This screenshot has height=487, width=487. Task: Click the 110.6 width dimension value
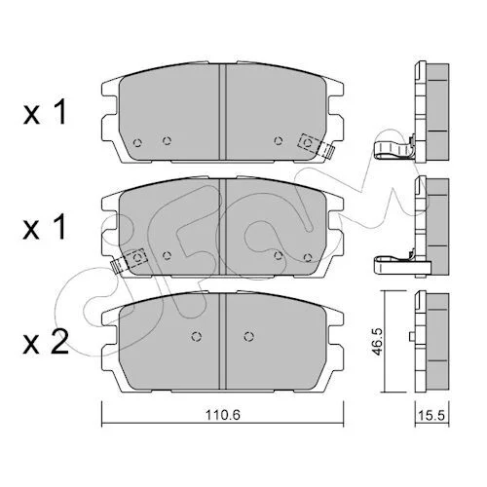(x=223, y=415)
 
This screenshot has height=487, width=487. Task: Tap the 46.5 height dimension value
(x=380, y=342)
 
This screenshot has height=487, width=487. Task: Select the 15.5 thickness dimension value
(x=432, y=416)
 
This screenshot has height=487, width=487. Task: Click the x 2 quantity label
(x=46, y=342)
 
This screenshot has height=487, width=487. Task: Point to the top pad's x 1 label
(x=45, y=112)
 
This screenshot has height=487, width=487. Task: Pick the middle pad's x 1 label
(x=45, y=227)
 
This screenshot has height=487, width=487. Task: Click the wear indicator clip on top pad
(x=317, y=147)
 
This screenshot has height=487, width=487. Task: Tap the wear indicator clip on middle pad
(x=129, y=262)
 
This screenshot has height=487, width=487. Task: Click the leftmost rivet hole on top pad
(x=137, y=142)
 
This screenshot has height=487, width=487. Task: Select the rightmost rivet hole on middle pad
(x=308, y=258)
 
